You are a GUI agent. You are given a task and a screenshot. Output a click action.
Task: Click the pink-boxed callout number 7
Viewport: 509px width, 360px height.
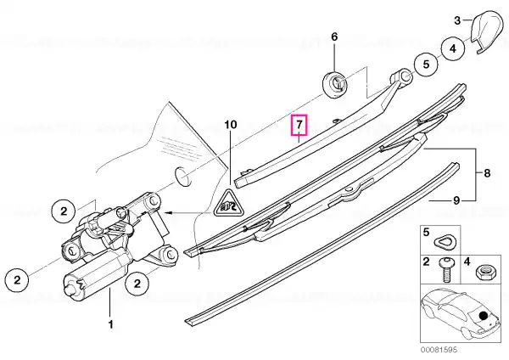point(299,125)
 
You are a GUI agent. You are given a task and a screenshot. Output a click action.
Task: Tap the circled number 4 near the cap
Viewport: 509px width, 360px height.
point(452,48)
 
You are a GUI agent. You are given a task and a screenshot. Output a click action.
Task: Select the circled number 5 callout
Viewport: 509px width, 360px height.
point(426,64)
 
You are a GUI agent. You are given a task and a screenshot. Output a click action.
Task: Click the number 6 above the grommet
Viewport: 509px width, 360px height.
point(334,37)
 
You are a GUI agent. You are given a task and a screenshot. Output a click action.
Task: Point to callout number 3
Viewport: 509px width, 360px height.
point(457,20)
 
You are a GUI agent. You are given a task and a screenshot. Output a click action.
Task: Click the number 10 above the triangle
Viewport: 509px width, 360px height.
point(231,125)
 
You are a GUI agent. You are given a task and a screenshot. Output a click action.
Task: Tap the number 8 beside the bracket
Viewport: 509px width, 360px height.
point(487,173)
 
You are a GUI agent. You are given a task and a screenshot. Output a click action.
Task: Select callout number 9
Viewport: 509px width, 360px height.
point(456,200)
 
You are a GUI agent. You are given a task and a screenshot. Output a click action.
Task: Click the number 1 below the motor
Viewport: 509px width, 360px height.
point(110,324)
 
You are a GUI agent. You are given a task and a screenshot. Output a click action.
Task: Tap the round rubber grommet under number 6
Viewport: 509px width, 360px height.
point(334,84)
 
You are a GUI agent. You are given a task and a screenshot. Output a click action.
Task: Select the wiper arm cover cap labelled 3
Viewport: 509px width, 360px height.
point(486,32)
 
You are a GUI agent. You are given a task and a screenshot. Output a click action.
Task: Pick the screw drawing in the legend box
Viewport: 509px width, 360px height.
point(447,270)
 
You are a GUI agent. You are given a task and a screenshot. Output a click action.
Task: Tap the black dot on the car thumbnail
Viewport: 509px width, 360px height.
point(483,315)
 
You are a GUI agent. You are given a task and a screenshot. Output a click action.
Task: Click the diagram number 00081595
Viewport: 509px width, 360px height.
point(439,350)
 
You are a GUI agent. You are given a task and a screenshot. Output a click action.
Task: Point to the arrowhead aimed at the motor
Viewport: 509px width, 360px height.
point(167,213)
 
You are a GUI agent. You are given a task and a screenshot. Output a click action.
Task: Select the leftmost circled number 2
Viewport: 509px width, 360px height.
point(17,279)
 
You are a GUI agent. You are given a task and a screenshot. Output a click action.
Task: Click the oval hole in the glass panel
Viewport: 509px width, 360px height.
point(182,176)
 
